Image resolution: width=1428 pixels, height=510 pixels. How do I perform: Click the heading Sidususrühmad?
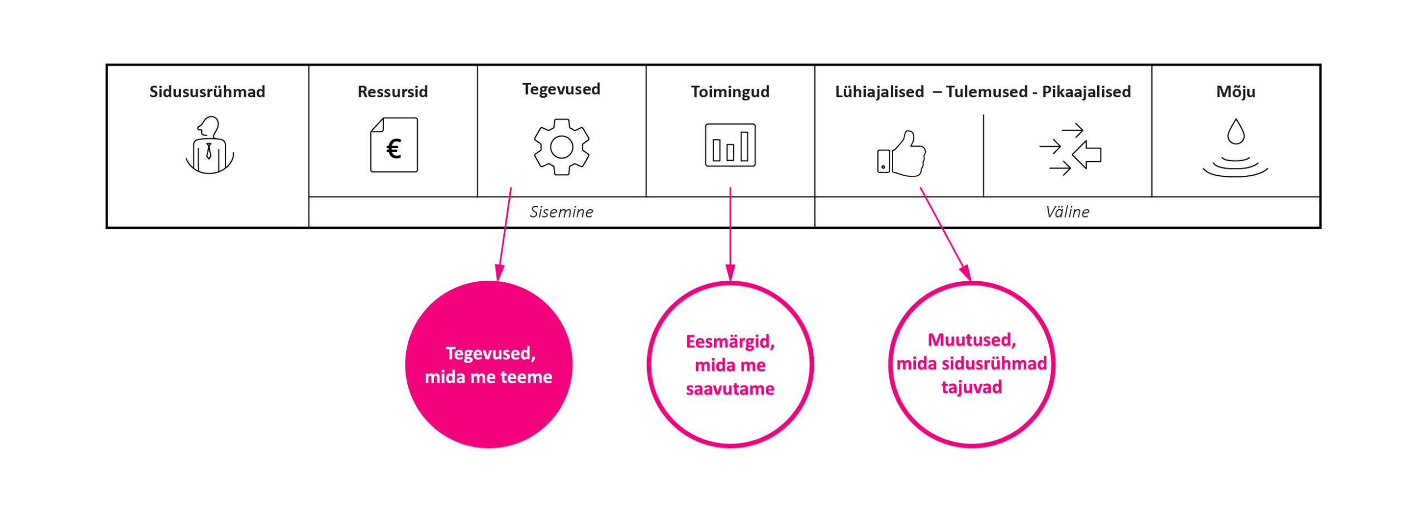[x=207, y=92]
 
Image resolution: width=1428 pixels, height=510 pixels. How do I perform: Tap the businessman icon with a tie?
[x=209, y=145]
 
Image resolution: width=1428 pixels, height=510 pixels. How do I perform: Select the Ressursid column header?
[x=393, y=92]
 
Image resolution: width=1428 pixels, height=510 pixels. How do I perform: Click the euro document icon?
[x=394, y=145]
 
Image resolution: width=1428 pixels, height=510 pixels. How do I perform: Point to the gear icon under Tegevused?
[x=561, y=147]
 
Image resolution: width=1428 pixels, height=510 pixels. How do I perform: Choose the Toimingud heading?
[x=730, y=92]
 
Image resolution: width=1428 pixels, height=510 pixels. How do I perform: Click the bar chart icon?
[x=730, y=145]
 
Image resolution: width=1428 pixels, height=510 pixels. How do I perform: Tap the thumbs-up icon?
[x=901, y=154]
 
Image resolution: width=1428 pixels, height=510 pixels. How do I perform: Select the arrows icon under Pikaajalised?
[x=1070, y=150]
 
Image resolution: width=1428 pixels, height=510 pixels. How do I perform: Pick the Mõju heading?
[x=1236, y=92]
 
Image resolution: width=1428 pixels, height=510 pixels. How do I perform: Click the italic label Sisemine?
[x=561, y=212]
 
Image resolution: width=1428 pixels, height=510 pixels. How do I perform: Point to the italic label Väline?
[x=1067, y=212]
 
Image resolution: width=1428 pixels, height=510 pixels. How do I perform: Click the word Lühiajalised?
[x=879, y=92]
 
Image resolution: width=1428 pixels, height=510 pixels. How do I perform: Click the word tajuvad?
[x=971, y=387]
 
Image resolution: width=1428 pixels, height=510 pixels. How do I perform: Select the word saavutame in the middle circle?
[x=730, y=389]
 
